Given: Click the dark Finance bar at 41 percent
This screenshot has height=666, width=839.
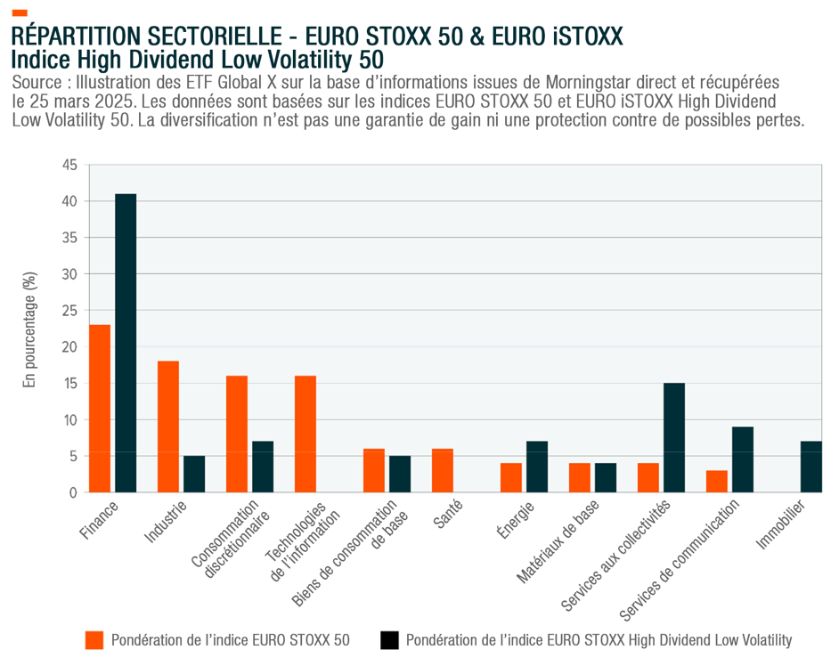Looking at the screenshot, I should (126, 343).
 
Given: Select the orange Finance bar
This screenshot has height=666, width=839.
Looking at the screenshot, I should (100, 408).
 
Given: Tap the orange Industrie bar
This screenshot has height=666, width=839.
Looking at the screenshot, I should (168, 426).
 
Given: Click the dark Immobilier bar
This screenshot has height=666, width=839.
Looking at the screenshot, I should (811, 467).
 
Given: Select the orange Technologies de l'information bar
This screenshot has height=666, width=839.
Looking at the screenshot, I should (305, 434).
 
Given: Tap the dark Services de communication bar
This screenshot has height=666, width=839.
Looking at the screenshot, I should (743, 459).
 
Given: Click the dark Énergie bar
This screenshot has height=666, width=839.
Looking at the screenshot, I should (537, 467).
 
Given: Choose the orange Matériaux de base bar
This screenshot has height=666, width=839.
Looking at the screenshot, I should (580, 477).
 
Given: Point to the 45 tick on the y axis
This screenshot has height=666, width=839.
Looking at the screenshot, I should (69, 165).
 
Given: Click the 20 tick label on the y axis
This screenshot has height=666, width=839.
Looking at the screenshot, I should (69, 346).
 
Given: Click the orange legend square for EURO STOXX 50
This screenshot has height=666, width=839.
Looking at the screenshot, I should (94, 640).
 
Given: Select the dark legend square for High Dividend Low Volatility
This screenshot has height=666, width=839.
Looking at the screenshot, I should (388, 640).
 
